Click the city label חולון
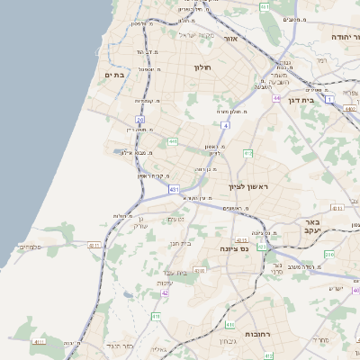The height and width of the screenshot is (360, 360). coord(202,67)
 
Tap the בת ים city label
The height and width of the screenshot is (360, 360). coord(113,75)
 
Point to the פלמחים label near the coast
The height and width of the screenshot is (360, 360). coord(28,246)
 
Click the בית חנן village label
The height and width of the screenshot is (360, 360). coord(182,242)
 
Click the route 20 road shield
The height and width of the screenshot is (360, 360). coord(139,119)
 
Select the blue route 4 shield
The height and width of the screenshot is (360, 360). coord(226,125)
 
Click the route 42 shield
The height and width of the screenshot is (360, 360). coord(165,292)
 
